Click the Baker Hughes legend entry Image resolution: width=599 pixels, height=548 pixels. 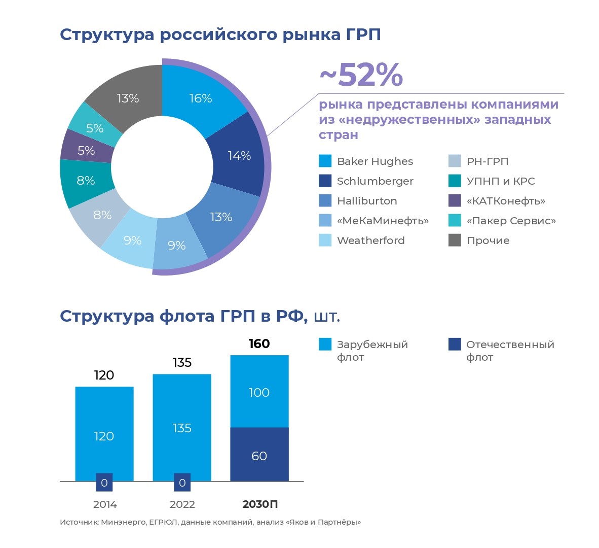pyautogui.click(x=375, y=161)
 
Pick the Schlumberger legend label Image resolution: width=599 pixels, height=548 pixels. pyautogui.click(x=375, y=181)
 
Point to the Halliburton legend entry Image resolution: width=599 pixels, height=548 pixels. pyautogui.click(x=367, y=201)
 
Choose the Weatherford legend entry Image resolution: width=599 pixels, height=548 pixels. pyautogui.click(x=370, y=241)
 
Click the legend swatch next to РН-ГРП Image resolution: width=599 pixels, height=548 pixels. pyautogui.click(x=455, y=161)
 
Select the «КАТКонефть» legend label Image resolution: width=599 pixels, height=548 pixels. pyautogui.click(x=506, y=201)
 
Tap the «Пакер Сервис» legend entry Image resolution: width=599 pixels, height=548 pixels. pyautogui.click(x=511, y=221)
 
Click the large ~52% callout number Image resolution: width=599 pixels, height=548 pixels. pyautogui.click(x=361, y=75)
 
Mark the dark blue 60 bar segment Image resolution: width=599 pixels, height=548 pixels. pyautogui.click(x=259, y=455)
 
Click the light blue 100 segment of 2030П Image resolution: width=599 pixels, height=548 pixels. pyautogui.click(x=259, y=392)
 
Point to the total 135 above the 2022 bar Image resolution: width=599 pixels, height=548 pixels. pyautogui.click(x=182, y=362)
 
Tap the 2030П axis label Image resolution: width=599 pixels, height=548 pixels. pyautogui.click(x=260, y=504)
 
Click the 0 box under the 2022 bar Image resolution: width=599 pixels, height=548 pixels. pyautogui.click(x=182, y=483)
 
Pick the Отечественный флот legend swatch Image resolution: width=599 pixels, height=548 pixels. pyautogui.click(x=455, y=345)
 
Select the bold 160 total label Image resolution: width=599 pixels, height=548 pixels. pyautogui.click(x=259, y=344)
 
